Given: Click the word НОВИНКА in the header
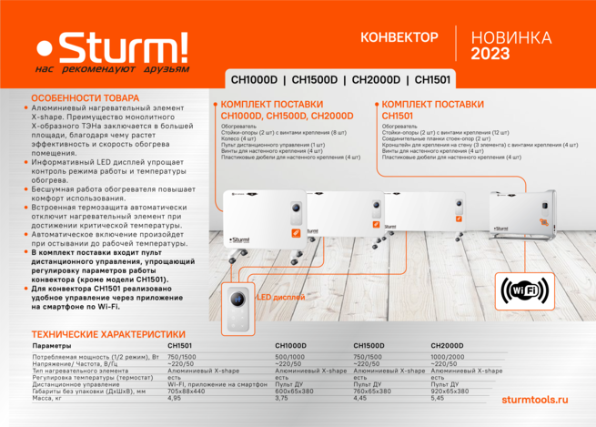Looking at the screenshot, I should pyautogui.click(x=510, y=37).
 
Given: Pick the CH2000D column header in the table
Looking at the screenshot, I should pyautogui.click(x=448, y=346).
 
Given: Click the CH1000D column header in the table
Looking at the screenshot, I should pyautogui.click(x=291, y=346).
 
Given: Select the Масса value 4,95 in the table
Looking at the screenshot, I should pyautogui.click(x=175, y=398).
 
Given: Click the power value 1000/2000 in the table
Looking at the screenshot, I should pyautogui.click(x=448, y=357).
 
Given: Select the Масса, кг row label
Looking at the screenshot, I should pyautogui.click(x=47, y=398).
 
